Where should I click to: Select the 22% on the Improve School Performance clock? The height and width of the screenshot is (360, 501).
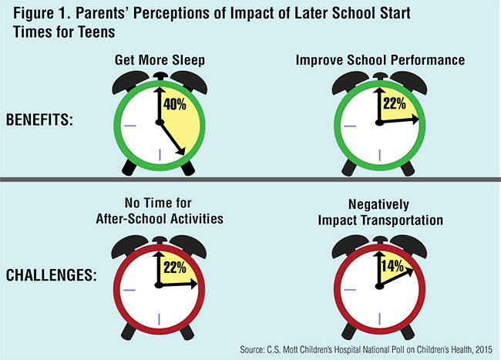click(x=394, y=103)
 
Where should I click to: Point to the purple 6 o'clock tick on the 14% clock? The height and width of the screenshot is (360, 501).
click(x=378, y=318)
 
